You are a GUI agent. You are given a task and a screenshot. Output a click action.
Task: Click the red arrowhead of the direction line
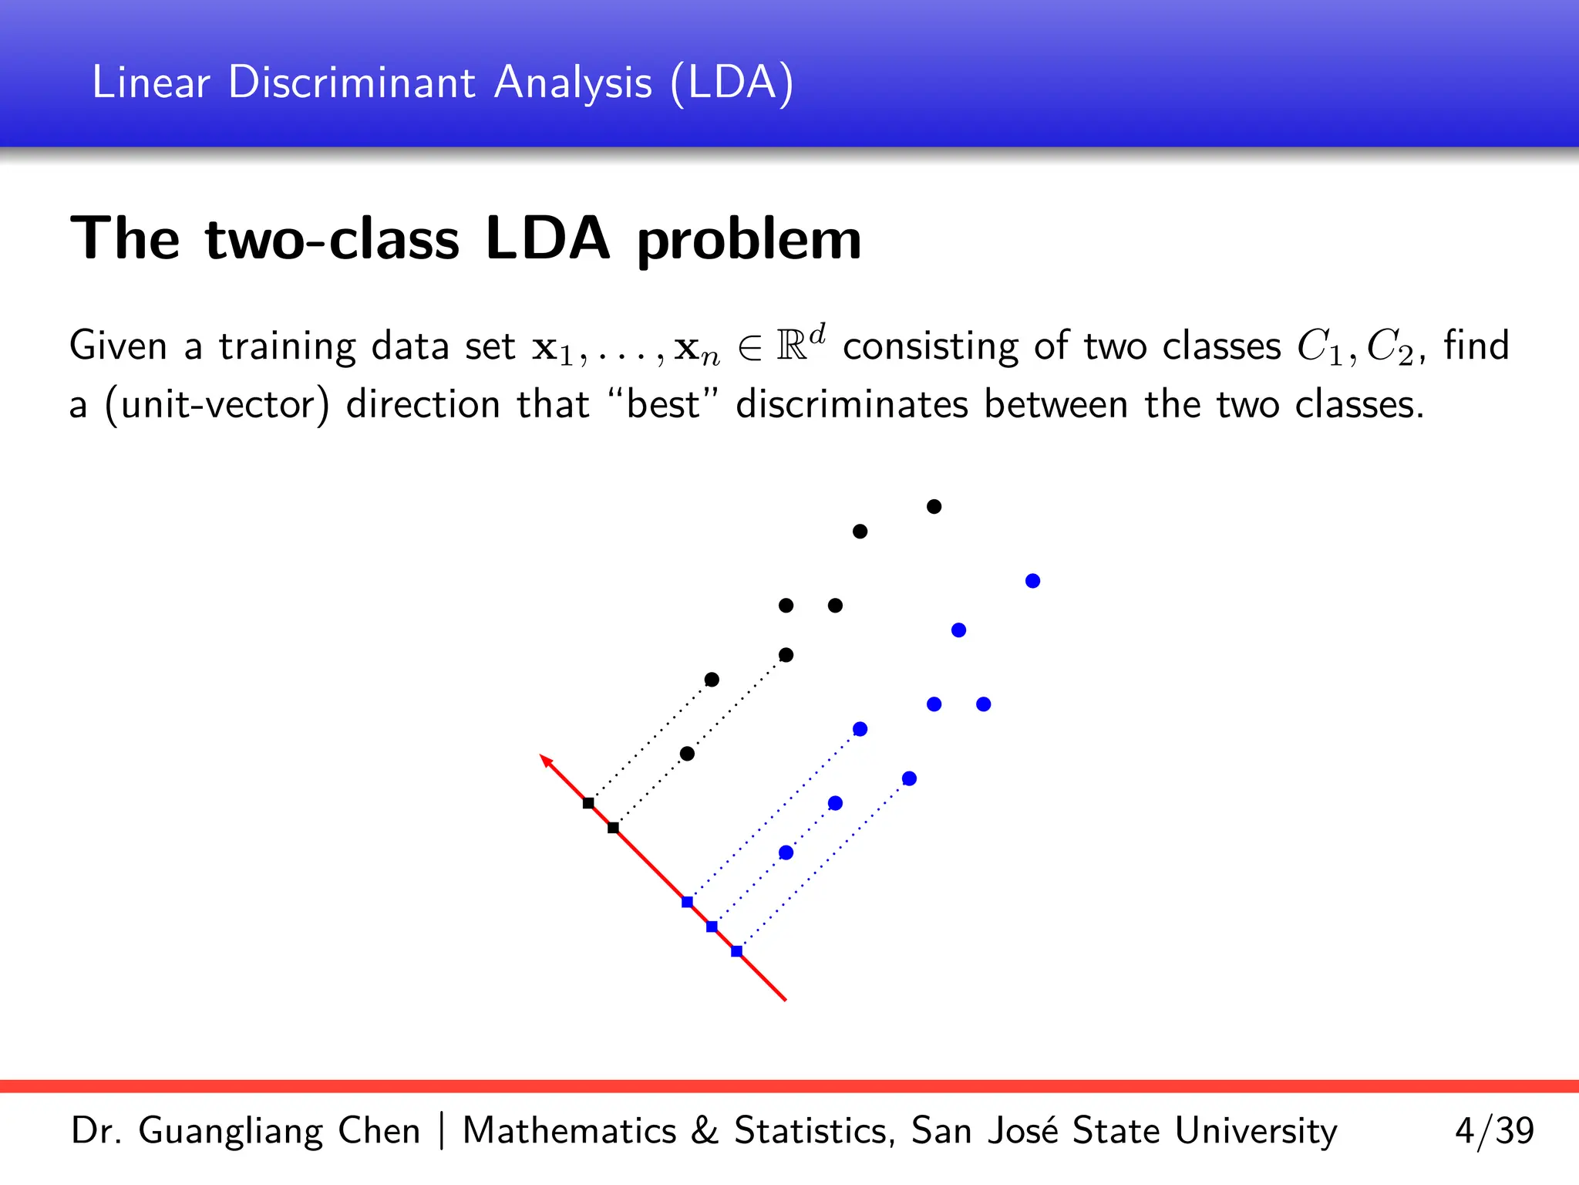tap(545, 760)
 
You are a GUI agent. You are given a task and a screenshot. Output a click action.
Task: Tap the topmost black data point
tap(934, 507)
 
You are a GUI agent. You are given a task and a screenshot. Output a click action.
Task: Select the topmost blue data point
tap(1032, 581)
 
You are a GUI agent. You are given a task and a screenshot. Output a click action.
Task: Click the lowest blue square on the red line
tap(736, 951)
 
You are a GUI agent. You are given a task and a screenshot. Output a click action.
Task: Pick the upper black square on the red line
tap(588, 803)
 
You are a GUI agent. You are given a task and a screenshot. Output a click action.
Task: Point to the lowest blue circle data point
tap(786, 852)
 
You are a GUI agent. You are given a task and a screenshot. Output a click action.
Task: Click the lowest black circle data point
tap(687, 754)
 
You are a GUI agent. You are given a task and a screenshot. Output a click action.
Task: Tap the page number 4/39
tap(1493, 1131)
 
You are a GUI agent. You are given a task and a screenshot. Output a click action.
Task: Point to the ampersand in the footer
tap(704, 1131)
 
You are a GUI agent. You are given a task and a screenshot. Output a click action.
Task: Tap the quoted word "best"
tap(664, 404)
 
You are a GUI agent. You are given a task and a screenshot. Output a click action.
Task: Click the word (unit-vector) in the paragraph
tap(217, 404)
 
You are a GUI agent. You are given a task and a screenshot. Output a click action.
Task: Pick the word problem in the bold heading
tap(749, 241)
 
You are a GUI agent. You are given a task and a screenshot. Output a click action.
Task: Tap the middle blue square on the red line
tap(712, 927)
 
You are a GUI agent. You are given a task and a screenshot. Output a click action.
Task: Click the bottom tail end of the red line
tap(784, 999)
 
